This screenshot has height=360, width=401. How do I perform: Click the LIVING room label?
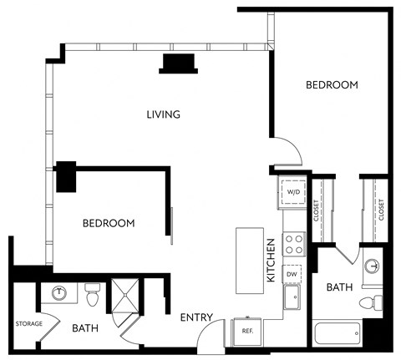coord(164,114)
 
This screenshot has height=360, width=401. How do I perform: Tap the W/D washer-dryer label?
coord(293,192)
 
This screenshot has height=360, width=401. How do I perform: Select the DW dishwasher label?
coord(292,273)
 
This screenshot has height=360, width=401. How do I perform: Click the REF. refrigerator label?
coord(247,331)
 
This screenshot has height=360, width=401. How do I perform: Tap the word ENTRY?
coord(196,317)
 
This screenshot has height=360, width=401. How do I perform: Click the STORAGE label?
coord(28,323)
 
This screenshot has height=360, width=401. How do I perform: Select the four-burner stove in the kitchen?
coord(294,245)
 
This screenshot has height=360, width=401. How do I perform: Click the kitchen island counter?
coord(249,260)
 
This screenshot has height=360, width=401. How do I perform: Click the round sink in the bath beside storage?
coord(60,293)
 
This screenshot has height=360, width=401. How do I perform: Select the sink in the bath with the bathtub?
coord(373,266)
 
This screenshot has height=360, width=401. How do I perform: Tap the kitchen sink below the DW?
coord(293,297)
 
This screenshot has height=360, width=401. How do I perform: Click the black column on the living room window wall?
coord(179,63)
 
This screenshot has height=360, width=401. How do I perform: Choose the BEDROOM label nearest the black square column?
coord(109,223)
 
